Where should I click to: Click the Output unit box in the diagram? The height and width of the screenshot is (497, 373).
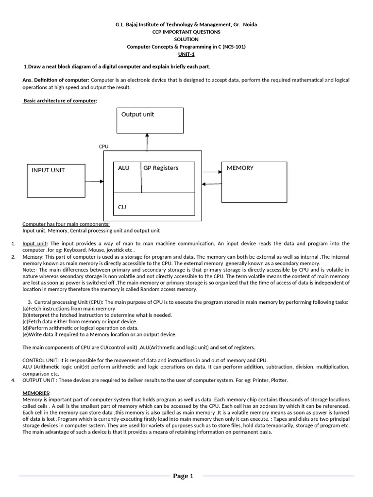click(150, 120)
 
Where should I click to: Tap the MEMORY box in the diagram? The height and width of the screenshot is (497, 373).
click(254, 182)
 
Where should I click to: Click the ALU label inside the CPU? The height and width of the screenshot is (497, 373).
click(124, 168)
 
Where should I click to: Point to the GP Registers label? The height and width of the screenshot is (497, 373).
click(161, 168)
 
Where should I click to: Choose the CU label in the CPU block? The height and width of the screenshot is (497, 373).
click(122, 207)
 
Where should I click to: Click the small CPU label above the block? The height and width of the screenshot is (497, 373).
click(103, 146)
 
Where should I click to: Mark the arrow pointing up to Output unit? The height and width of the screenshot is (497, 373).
click(147, 142)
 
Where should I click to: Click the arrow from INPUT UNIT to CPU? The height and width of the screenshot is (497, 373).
click(94, 181)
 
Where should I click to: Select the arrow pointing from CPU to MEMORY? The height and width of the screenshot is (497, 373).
click(212, 171)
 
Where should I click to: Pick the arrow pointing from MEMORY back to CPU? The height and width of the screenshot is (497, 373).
click(212, 184)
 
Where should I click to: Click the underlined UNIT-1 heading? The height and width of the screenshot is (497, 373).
click(186, 54)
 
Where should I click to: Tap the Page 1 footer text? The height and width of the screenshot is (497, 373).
click(183, 476)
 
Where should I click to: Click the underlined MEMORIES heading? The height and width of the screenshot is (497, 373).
click(36, 393)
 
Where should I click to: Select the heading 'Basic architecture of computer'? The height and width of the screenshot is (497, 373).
click(60, 101)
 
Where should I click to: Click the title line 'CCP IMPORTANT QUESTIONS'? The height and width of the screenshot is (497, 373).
click(186, 32)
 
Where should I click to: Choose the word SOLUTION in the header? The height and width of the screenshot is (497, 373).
click(186, 39)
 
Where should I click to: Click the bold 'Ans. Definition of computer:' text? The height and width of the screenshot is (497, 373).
click(56, 80)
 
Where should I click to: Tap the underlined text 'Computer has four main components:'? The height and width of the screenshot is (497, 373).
click(66, 224)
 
